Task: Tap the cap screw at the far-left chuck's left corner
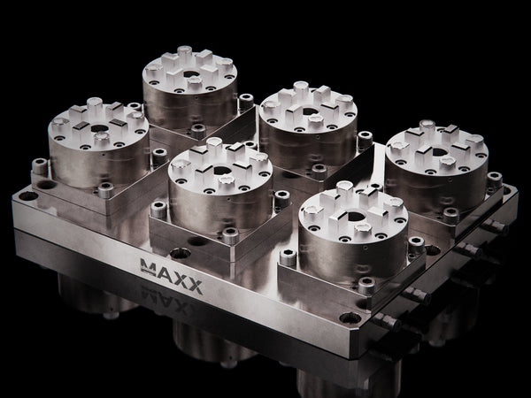(x=38, y=165)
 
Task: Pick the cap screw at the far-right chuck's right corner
(x=494, y=178)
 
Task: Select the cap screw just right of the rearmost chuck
(x=246, y=102)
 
